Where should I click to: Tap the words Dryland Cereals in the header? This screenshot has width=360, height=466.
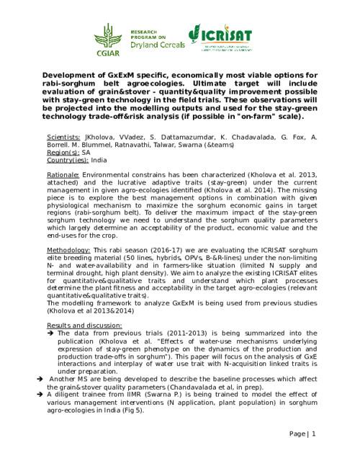[x=157, y=45]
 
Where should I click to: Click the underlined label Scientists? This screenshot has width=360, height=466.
[x=63, y=136]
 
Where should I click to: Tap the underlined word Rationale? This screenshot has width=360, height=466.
[x=63, y=175]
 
